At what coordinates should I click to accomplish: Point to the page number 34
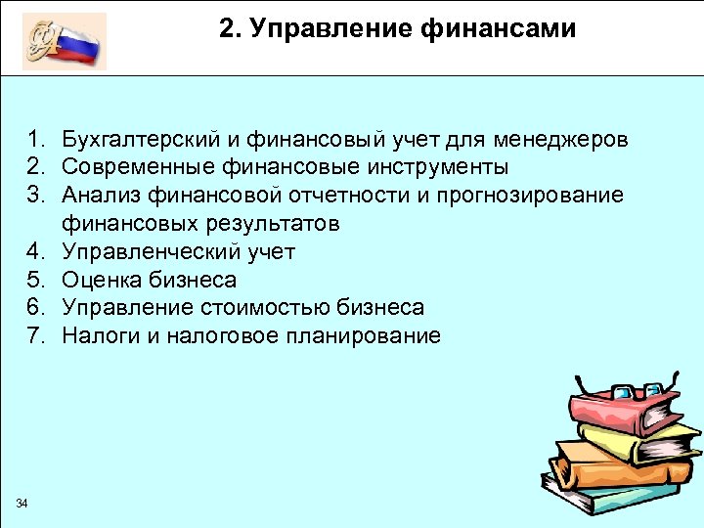tap(22, 503)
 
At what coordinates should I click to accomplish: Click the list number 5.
tap(34, 280)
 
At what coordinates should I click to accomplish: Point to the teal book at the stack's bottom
tap(626, 499)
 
